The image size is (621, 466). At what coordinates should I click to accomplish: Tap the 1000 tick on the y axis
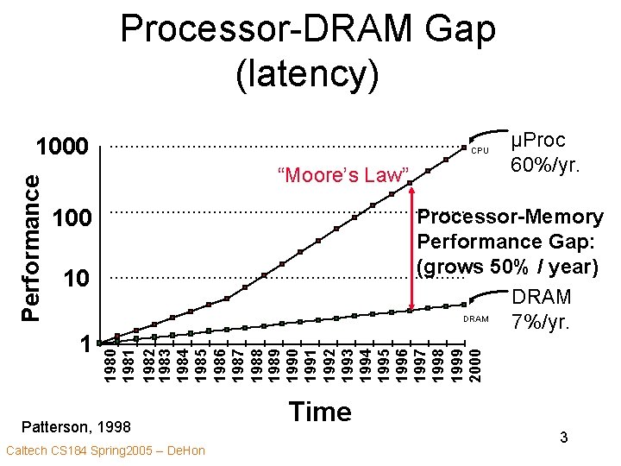[61, 148]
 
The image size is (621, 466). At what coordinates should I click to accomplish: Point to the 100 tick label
[72, 217]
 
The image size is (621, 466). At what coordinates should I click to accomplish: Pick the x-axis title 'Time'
[321, 412]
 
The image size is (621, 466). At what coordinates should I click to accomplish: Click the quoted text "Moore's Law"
[342, 176]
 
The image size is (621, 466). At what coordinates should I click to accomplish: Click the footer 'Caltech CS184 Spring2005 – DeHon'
[105, 450]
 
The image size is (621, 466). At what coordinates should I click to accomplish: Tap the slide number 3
[563, 438]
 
